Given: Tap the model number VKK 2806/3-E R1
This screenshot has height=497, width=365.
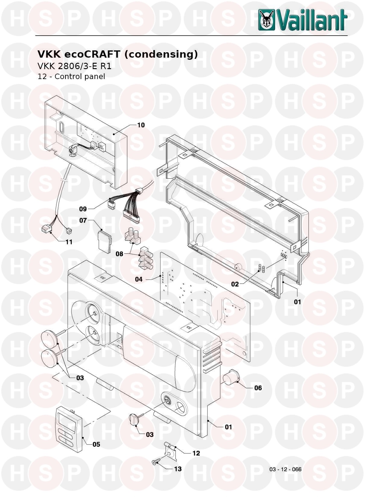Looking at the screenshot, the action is [75, 66].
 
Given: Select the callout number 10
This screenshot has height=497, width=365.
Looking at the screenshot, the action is [141, 125].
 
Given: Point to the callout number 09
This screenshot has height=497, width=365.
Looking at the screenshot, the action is [83, 209].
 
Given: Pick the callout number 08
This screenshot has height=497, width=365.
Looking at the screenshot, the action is [119, 254].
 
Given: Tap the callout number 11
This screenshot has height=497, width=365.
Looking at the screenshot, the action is [69, 242].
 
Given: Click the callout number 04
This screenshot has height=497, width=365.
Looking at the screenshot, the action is [139, 279].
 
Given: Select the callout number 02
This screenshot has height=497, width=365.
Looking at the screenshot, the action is [235, 284].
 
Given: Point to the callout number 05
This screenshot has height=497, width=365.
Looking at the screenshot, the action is [96, 444].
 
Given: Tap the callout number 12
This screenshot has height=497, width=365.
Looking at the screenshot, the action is [196, 453].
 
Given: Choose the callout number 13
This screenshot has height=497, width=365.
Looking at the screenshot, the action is [178, 469].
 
